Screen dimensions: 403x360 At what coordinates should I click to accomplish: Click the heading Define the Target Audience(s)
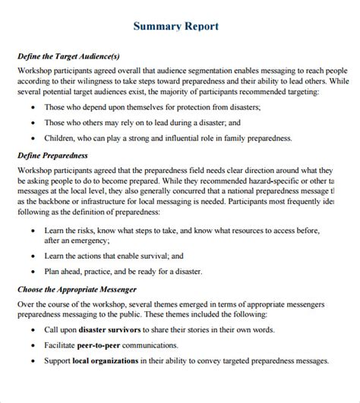coord(68,57)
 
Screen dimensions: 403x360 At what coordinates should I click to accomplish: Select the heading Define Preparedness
coord(52,155)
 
